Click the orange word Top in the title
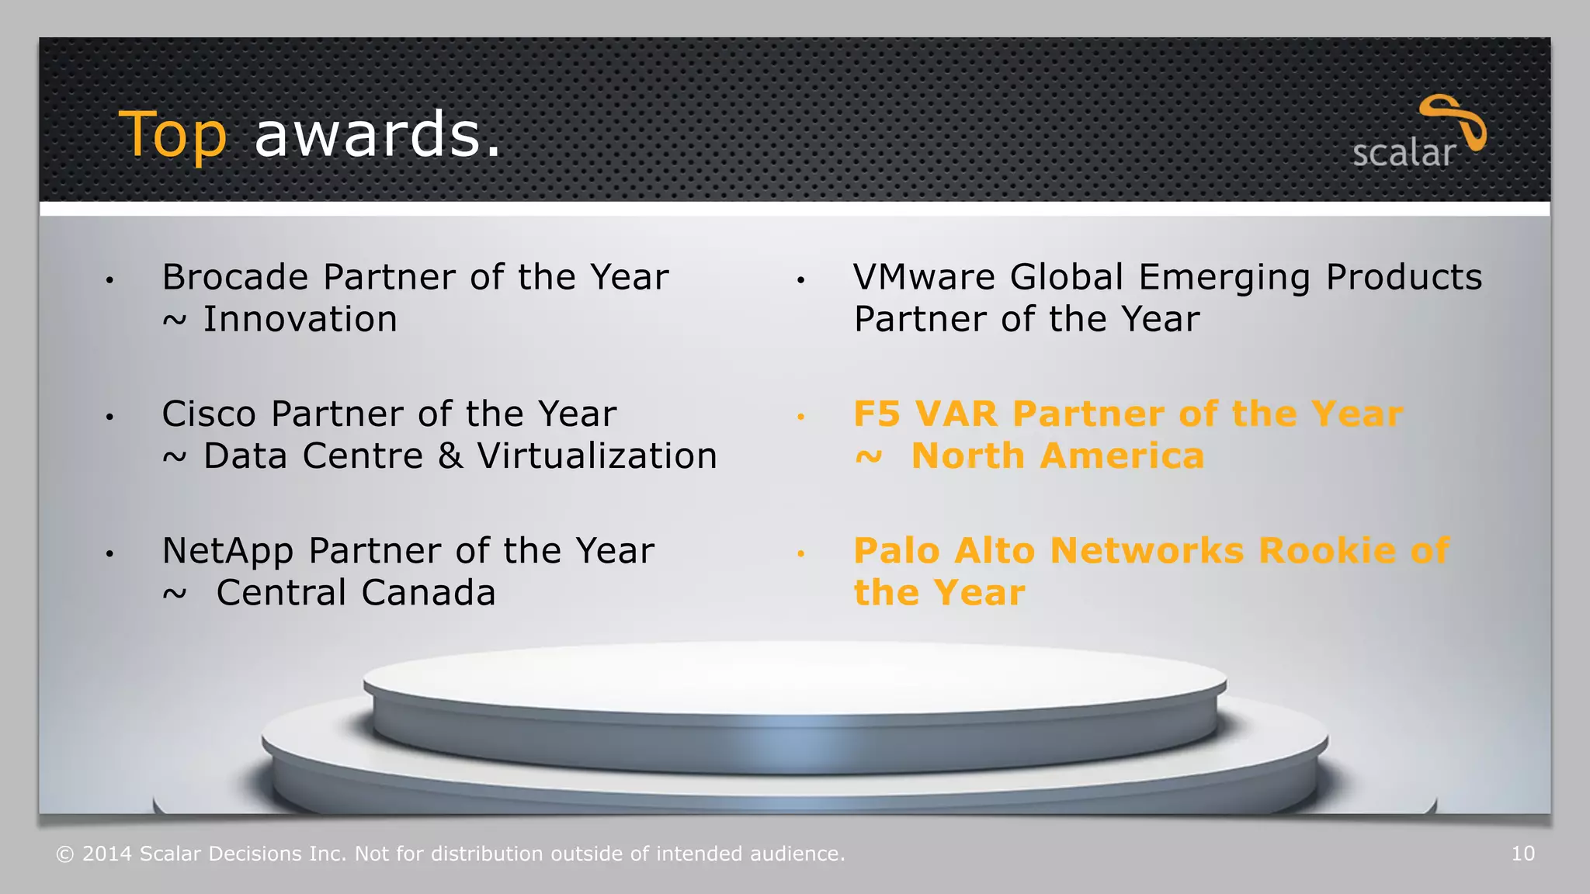pos(172,135)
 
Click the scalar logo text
pos(1403,153)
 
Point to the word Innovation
pos(300,320)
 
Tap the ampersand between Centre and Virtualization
pos(451,456)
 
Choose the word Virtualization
pos(597,456)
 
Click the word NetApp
pos(227,552)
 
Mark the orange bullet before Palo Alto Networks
pos(800,553)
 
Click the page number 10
pos(1522,854)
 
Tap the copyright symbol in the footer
pos(65,854)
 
